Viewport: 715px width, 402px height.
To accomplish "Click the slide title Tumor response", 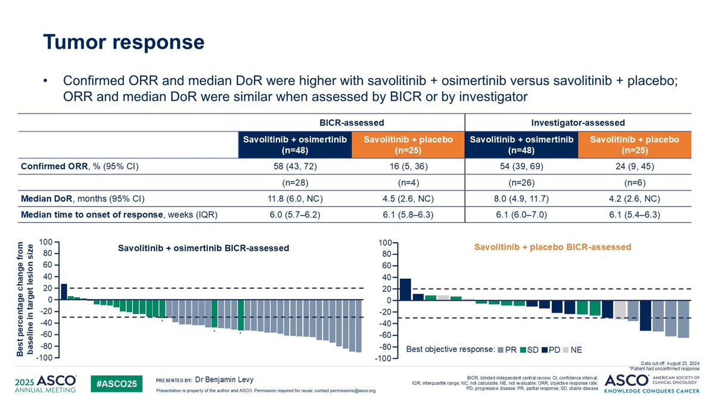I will [x=123, y=42].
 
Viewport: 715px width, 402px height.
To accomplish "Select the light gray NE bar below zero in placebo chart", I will [x=620, y=310].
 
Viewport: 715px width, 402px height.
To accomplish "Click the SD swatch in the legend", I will [x=524, y=349].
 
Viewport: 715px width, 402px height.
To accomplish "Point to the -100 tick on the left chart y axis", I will [x=45, y=357].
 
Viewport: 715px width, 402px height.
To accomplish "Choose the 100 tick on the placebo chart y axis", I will [x=384, y=242].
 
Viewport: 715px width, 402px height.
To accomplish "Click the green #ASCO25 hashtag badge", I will [x=117, y=383].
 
